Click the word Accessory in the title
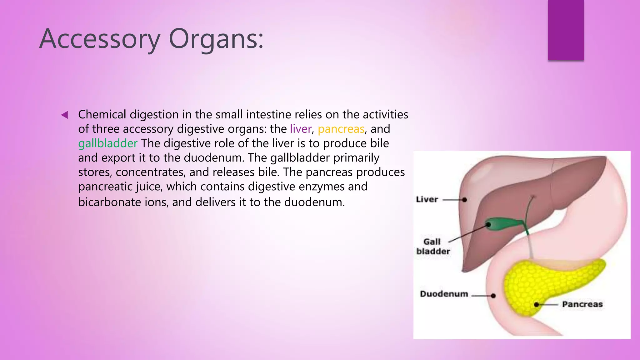(100, 39)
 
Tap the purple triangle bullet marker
(64, 115)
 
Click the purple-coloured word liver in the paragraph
(301, 129)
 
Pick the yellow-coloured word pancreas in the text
(341, 129)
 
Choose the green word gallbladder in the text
(107, 143)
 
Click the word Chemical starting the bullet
(102, 114)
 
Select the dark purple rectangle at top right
(566, 30)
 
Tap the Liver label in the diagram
(427, 199)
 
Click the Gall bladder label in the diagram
(433, 246)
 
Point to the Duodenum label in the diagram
(444, 294)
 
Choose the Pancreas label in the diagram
(582, 304)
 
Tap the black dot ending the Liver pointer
(465, 200)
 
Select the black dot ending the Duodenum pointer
(493, 296)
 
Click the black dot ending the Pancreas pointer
(536, 304)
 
